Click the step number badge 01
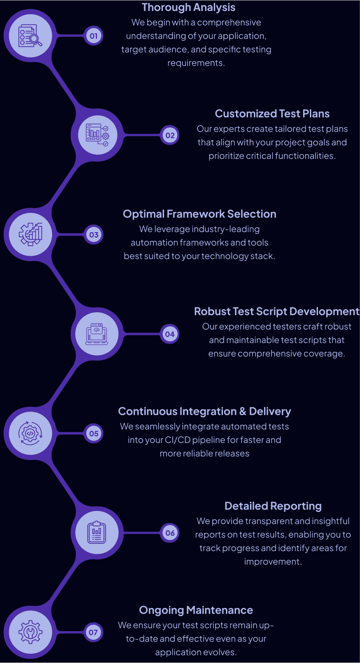94,36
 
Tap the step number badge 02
170,136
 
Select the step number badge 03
94,235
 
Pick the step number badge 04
170,334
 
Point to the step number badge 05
94,433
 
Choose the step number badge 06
170,533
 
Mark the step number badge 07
93,632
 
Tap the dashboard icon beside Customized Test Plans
97,135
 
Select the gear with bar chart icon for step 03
30,235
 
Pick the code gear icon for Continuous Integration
30,433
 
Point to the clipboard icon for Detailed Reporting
97,533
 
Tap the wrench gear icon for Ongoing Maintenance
30,632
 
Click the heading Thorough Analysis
189,7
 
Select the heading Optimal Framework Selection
200,214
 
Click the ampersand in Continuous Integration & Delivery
242,412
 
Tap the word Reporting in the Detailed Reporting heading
296,506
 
